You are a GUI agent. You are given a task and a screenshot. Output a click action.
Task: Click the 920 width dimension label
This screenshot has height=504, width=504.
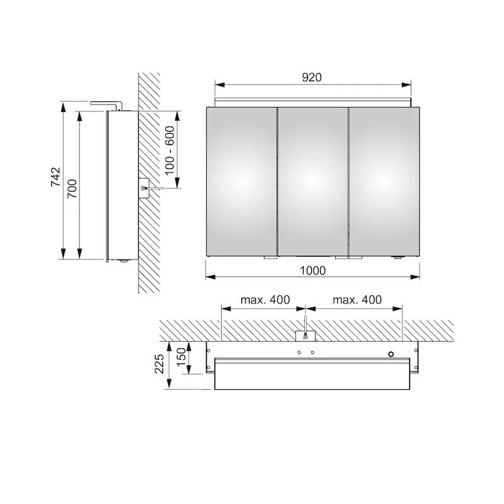click(x=312, y=77)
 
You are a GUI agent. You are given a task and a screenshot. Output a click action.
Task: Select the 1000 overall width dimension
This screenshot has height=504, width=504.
click(x=312, y=271)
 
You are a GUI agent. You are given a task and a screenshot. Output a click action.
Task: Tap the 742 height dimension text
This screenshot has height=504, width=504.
click(x=55, y=177)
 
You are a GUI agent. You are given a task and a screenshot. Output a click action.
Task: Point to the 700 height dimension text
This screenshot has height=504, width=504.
click(x=72, y=188)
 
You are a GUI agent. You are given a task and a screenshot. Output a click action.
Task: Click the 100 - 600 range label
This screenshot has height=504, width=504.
click(x=169, y=150)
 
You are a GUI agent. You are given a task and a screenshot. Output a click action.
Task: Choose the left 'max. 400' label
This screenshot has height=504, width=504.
click(x=265, y=300)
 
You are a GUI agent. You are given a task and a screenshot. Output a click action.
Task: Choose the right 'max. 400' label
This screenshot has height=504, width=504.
click(x=357, y=300)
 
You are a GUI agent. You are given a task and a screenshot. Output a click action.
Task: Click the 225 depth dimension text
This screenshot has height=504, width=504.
click(x=160, y=364)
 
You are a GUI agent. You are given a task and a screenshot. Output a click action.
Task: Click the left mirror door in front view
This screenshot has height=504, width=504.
click(x=241, y=181)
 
